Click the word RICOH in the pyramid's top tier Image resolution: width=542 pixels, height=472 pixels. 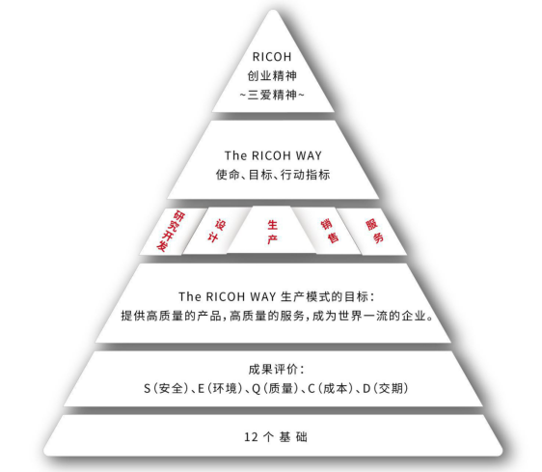coord(272,57)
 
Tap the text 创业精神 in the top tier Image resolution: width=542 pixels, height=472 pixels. coord(272,76)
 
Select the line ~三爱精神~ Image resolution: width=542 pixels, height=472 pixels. coord(272,95)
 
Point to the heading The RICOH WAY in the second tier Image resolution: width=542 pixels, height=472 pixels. coord(273,155)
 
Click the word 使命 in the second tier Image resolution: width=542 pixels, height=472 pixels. coord(228,175)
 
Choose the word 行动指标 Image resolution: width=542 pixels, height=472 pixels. coord(305,175)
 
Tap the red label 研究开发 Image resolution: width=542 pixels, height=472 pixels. coord(171,231)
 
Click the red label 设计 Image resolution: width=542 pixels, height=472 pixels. coord(216,231)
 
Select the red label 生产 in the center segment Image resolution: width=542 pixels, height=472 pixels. coord(272,232)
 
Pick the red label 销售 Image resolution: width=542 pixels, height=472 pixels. coord(330,231)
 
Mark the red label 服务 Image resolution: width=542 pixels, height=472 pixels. coord(375,231)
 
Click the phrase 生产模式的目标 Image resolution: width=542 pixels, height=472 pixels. coord(325,297)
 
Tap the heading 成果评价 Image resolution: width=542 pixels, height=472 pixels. coord(272,370)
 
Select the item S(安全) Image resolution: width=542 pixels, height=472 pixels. coord(166,389)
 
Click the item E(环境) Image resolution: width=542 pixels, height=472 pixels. coord(220,389)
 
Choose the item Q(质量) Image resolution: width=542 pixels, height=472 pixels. coord(275,389)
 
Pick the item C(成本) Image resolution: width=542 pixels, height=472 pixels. coord(331,389)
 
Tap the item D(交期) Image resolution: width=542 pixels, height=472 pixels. coord(386,389)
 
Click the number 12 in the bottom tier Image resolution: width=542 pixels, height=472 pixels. coord(251,437)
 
